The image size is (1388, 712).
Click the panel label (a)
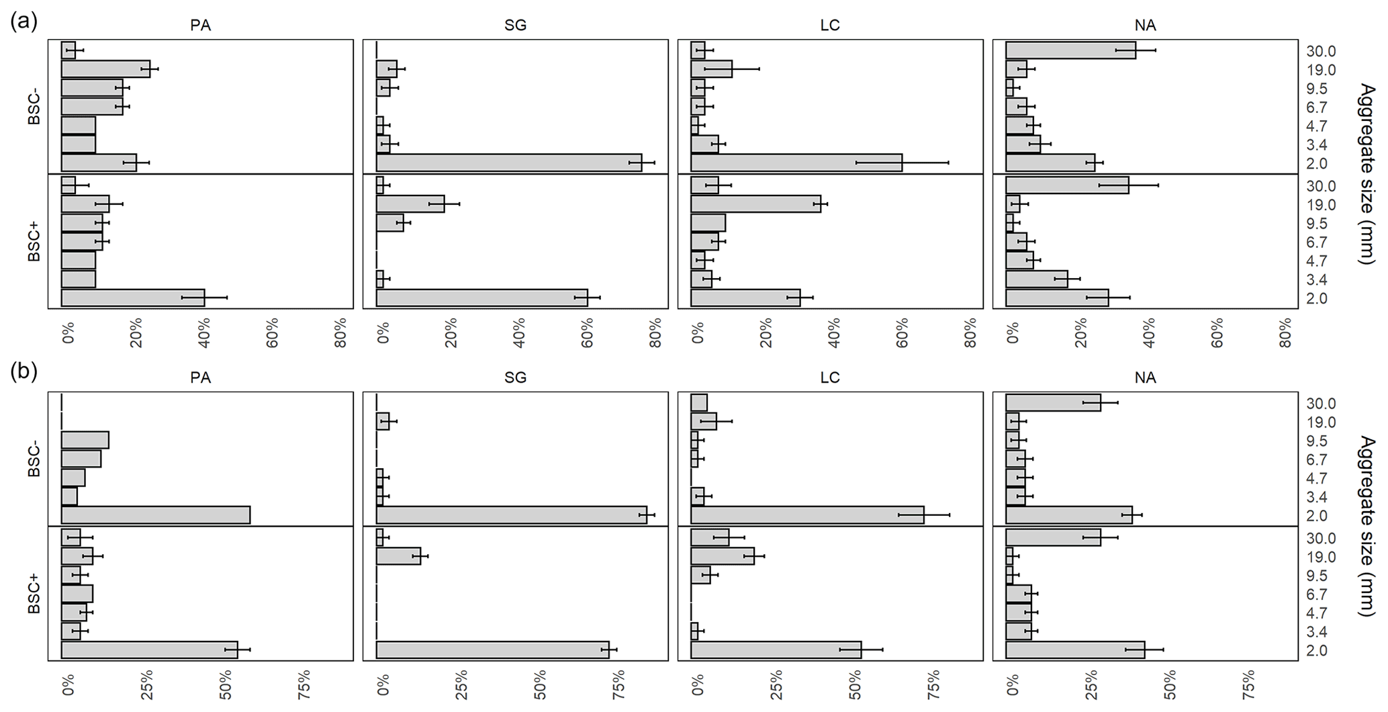pyautogui.click(x=24, y=21)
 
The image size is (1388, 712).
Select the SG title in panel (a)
pyautogui.click(x=515, y=26)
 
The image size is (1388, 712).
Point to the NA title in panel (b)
pyautogui.click(x=1145, y=378)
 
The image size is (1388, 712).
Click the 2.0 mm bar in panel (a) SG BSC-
pyautogui.click(x=509, y=163)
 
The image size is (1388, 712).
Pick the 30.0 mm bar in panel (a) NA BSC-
pyautogui.click(x=1070, y=50)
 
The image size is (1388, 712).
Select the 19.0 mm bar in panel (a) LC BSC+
pyautogui.click(x=755, y=204)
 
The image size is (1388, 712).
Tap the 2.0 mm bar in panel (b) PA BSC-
pyautogui.click(x=155, y=515)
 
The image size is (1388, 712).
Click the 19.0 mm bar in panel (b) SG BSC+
pyautogui.click(x=398, y=556)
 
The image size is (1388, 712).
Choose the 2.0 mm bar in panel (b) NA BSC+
pyautogui.click(x=1075, y=650)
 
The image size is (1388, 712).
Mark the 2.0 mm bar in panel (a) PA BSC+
pyautogui.click(x=133, y=298)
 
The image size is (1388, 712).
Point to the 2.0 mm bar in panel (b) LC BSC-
pyautogui.click(x=807, y=515)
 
